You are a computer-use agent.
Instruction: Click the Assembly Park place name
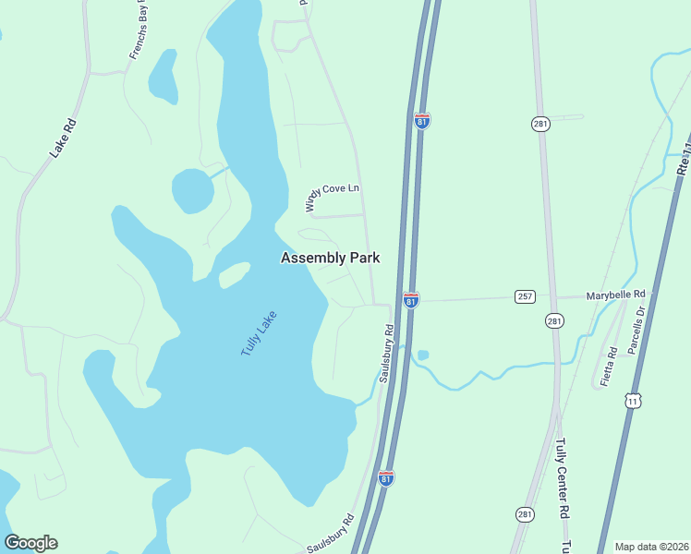[330, 259]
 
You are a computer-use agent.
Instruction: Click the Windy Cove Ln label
[332, 194]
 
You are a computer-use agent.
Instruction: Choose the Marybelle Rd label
[615, 296]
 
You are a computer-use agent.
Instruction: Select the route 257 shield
[526, 296]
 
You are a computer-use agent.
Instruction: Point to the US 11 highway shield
[633, 400]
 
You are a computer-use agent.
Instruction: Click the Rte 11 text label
[683, 157]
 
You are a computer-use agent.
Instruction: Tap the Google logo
[30, 543]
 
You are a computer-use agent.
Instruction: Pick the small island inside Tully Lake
[234, 275]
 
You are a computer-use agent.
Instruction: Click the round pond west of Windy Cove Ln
[192, 190]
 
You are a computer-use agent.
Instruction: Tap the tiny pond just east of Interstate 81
[423, 355]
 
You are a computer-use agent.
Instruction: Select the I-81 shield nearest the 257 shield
[411, 300]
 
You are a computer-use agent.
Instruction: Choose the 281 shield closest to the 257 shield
[554, 321]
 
